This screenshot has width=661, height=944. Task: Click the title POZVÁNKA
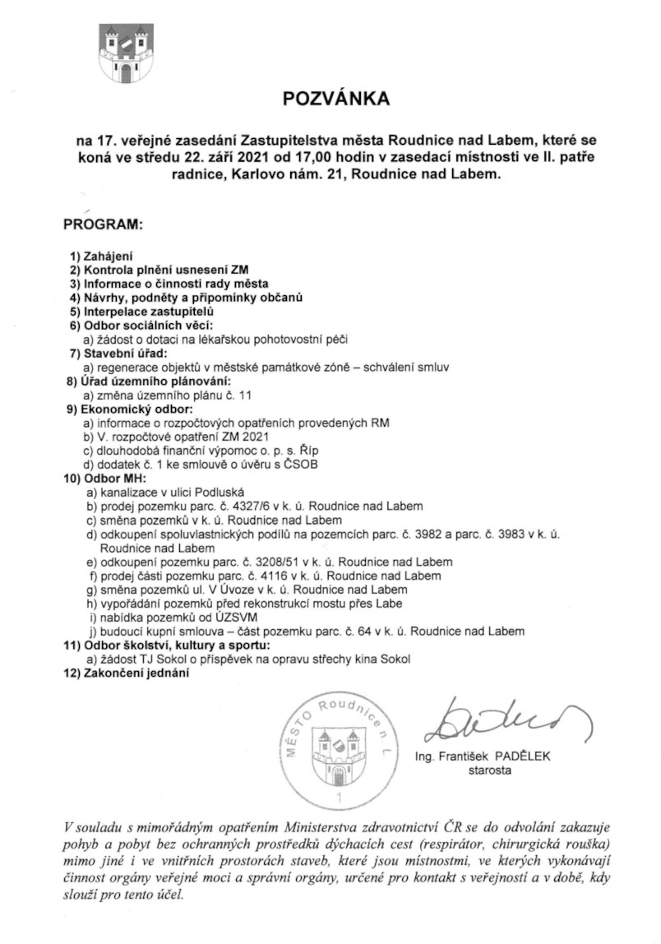(335, 99)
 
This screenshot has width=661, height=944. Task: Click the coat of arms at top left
(126, 52)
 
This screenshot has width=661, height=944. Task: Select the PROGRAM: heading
(103, 224)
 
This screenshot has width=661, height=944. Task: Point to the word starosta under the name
(489, 771)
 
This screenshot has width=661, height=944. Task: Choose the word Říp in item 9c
(306, 449)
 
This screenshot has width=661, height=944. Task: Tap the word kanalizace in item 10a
(122, 491)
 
